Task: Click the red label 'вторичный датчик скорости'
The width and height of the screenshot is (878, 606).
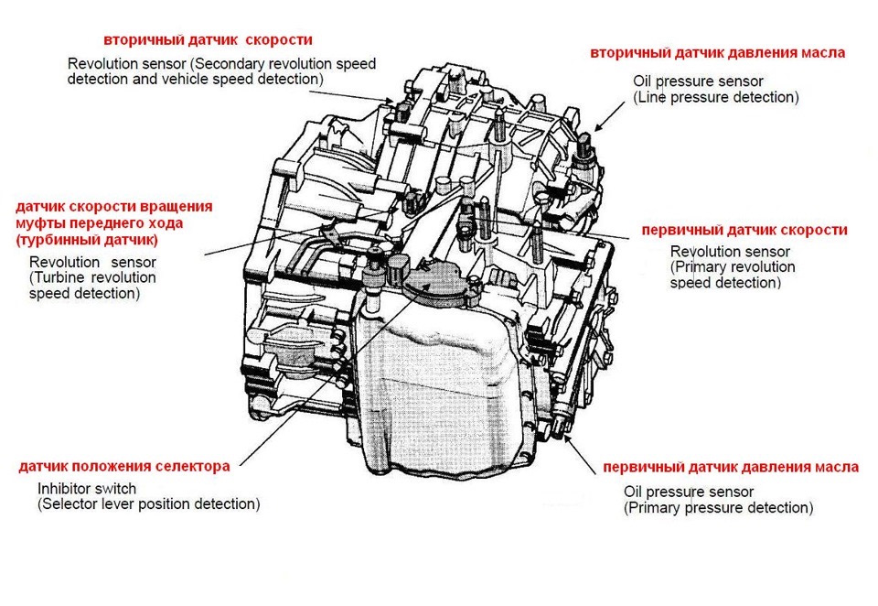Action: (208, 40)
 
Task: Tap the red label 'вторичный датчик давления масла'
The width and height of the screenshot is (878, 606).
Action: (718, 52)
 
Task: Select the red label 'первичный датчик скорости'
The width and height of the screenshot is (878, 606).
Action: (744, 230)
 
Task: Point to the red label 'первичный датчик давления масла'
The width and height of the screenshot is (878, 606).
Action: (731, 467)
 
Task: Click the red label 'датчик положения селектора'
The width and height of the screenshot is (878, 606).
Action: (124, 466)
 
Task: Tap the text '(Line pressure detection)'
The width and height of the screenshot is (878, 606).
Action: (716, 97)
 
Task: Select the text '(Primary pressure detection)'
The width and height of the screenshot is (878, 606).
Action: (718, 508)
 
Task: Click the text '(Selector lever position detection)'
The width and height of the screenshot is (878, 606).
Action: (148, 504)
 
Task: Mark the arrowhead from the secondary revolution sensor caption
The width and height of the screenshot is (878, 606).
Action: (394, 102)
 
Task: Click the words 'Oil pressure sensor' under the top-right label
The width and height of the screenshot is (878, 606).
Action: (698, 81)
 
